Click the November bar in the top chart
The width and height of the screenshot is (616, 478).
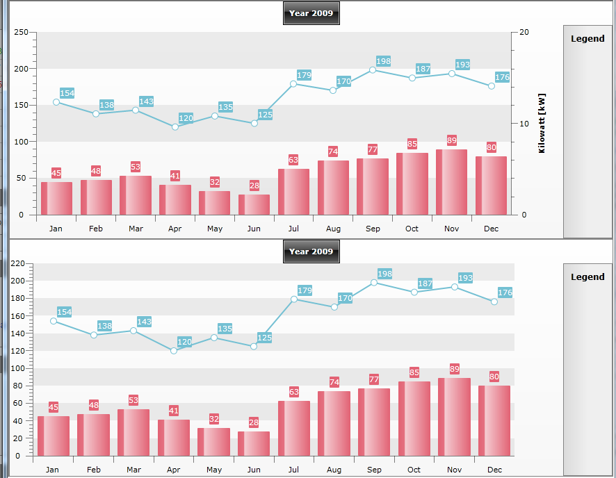pos(451,182)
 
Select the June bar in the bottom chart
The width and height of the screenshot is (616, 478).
pos(254,444)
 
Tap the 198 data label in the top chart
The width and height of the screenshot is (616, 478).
pos(383,61)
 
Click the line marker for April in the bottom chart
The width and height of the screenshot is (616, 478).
pos(174,351)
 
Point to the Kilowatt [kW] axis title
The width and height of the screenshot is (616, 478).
pos(542,123)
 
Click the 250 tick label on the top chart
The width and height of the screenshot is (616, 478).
pos(22,32)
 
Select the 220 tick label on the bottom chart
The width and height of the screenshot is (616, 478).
pos(17,263)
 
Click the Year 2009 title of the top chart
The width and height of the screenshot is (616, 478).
pos(311,13)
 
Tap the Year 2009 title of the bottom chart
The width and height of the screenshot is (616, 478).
pos(311,252)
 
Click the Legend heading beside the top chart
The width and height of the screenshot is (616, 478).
pos(587,38)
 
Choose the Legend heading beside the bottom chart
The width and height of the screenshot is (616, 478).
pos(587,277)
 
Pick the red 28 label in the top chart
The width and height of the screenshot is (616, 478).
pos(254,186)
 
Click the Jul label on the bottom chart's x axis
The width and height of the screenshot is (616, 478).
pos(293,470)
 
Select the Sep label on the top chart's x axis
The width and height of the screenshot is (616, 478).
pos(373,229)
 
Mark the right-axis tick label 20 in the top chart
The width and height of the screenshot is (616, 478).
pos(524,32)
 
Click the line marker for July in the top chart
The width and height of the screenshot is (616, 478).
pos(293,84)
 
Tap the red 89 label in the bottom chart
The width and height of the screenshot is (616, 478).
pos(455,369)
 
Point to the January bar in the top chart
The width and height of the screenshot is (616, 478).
pos(56,199)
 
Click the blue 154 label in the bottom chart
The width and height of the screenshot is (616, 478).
pos(65,312)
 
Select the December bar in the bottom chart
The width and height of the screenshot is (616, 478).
pos(494,421)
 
